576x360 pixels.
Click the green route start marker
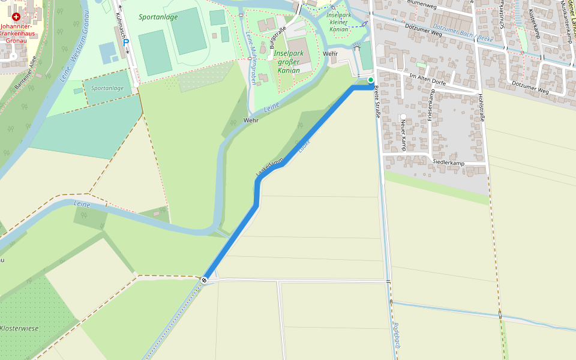(x=371, y=80)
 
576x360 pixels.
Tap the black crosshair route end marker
(x=205, y=280)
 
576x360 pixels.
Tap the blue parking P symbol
(x=126, y=43)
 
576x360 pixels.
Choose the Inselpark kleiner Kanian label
(x=338, y=22)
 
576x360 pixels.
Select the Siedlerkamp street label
(x=448, y=163)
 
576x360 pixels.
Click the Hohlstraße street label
(x=481, y=107)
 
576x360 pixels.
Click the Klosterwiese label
(x=19, y=328)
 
